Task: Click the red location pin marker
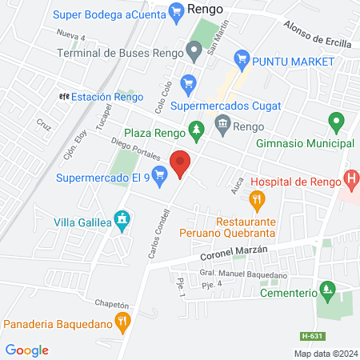[181, 163]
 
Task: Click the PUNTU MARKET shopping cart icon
[241, 59]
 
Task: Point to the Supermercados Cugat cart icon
[188, 82]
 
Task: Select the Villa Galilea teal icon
[122, 218]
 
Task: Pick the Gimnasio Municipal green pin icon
[337, 123]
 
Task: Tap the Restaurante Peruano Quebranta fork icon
[256, 199]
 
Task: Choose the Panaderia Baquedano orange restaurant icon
[122, 323]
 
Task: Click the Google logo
[27, 350]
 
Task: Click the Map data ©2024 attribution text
[324, 353]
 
